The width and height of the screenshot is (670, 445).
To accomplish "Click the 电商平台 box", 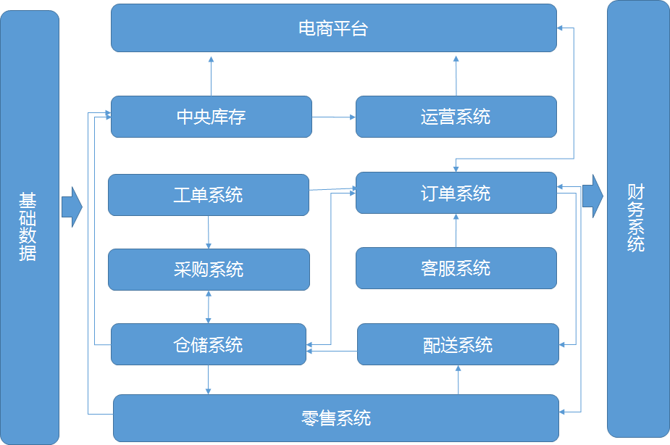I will tap(334, 28).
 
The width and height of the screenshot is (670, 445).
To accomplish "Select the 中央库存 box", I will tap(212, 117).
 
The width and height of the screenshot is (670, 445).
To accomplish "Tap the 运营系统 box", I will tap(456, 117).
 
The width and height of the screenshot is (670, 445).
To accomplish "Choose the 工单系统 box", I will tap(209, 195).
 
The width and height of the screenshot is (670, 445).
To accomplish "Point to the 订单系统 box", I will tap(456, 193).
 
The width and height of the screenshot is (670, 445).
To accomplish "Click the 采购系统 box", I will tap(209, 270).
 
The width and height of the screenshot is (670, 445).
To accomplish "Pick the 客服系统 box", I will tap(456, 268).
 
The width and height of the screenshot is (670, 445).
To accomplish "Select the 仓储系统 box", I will tap(209, 344).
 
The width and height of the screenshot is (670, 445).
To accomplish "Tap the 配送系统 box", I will tap(458, 344).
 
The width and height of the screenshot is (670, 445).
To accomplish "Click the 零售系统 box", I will tap(336, 418).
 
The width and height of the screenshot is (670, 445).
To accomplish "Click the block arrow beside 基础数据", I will tap(72, 207).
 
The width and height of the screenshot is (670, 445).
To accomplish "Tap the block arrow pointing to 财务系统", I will tap(592, 196).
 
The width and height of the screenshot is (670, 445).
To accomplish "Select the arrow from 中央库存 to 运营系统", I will tap(333, 116).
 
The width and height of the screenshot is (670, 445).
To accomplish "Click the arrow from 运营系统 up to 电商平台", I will tap(456, 75).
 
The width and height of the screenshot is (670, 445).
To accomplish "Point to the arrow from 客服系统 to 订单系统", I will tap(456, 230).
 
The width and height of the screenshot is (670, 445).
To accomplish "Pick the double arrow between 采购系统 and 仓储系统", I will tap(209, 307).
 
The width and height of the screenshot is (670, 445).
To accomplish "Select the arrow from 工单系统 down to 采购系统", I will tap(209, 232).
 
